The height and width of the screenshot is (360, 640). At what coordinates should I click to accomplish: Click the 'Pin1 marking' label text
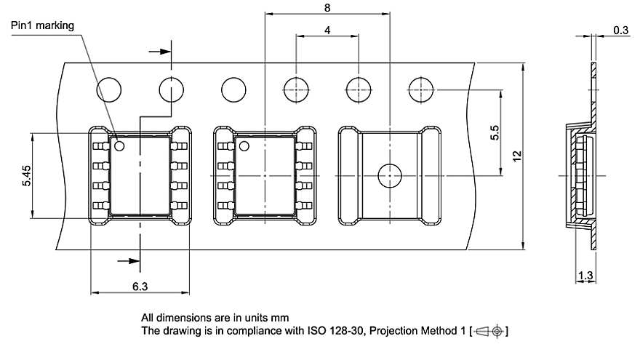pyautogui.click(x=43, y=25)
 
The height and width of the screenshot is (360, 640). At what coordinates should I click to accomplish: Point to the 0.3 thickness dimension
pyautogui.click(x=620, y=30)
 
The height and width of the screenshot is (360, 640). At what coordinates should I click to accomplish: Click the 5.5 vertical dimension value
pyautogui.click(x=495, y=133)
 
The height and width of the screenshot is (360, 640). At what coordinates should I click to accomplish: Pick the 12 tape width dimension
pyautogui.click(x=516, y=156)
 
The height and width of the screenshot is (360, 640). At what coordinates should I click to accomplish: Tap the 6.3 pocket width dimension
pyautogui.click(x=140, y=287)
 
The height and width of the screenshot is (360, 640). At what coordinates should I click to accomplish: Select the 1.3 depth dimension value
pyautogui.click(x=585, y=276)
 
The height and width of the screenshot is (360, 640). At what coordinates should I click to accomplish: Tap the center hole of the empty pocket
pyautogui.click(x=391, y=175)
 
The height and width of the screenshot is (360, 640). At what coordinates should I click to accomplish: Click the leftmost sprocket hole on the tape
pyautogui.click(x=110, y=90)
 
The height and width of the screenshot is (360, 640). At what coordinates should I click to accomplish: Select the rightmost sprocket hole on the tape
pyautogui.click(x=422, y=90)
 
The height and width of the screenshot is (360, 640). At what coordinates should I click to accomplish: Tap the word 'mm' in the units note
pyautogui.click(x=280, y=318)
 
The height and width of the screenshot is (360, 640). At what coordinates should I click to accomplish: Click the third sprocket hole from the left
pyautogui.click(x=234, y=90)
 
